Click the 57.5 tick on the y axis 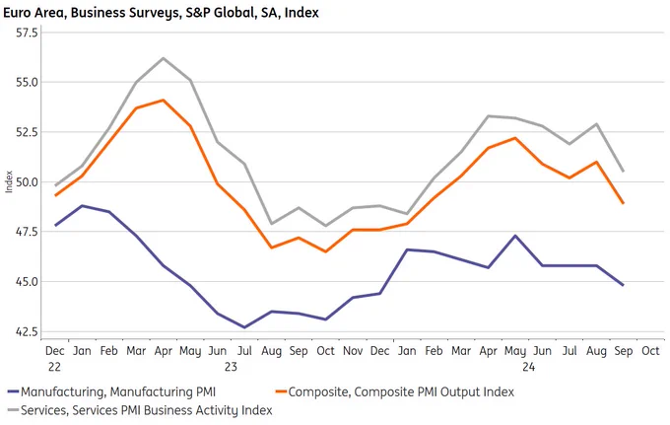click(x=27, y=33)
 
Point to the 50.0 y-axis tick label click(x=27, y=182)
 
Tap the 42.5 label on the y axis click(x=27, y=331)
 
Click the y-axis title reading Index click(x=9, y=181)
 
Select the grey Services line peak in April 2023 click(x=164, y=58)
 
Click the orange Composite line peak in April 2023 click(x=164, y=100)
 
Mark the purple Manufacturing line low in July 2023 click(x=244, y=327)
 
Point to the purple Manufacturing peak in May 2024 click(x=515, y=236)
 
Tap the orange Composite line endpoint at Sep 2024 click(x=624, y=203)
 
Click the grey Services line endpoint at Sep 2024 click(x=624, y=171)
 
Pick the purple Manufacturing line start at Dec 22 click(x=55, y=226)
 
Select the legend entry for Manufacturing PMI click(x=112, y=391)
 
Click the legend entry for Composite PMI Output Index click(x=395, y=391)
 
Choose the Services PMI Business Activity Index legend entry click(x=140, y=410)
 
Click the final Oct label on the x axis click(x=650, y=351)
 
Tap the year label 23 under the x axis click(x=231, y=367)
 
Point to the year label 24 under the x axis click(x=528, y=367)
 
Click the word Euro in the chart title click(x=17, y=13)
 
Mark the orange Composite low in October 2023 click(x=325, y=251)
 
